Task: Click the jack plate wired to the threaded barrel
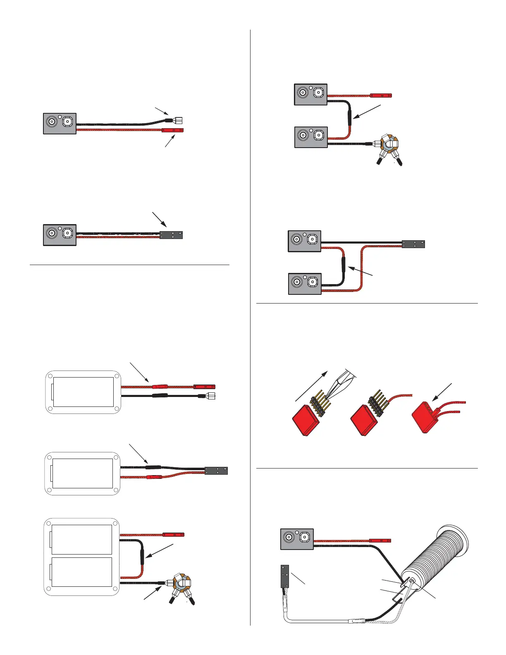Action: click(297, 539)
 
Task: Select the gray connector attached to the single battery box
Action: click(216, 471)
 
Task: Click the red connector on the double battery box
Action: click(174, 535)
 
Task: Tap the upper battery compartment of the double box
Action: click(81, 539)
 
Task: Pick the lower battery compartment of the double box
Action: click(81, 572)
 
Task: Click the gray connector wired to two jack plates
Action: click(413, 244)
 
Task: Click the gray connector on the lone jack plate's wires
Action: click(171, 235)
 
